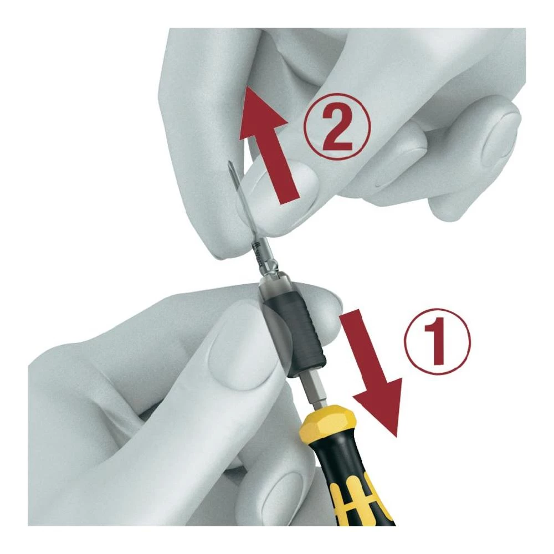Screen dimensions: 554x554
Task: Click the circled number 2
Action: (336, 127)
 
